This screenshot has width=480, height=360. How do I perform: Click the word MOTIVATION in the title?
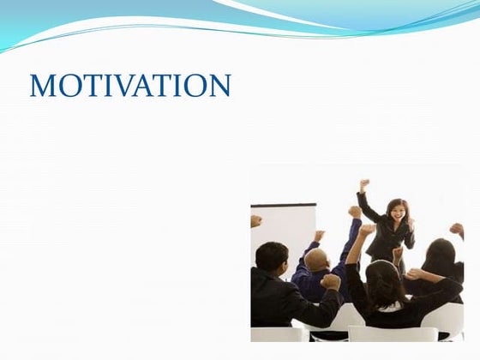coord(130,86)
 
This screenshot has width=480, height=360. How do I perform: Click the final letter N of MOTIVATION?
coord(219,86)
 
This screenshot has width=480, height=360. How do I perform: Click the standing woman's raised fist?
coord(364,183)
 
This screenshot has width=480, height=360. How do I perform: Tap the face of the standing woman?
coord(397,210)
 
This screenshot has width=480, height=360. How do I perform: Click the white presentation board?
coord(283,227)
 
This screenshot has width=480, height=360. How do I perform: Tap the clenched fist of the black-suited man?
coord(330,281)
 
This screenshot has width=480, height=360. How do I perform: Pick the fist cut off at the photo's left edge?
coord(255,220)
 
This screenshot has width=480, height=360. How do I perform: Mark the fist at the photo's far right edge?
coord(457,230)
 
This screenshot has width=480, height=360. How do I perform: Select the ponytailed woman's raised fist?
coord(366,231)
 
